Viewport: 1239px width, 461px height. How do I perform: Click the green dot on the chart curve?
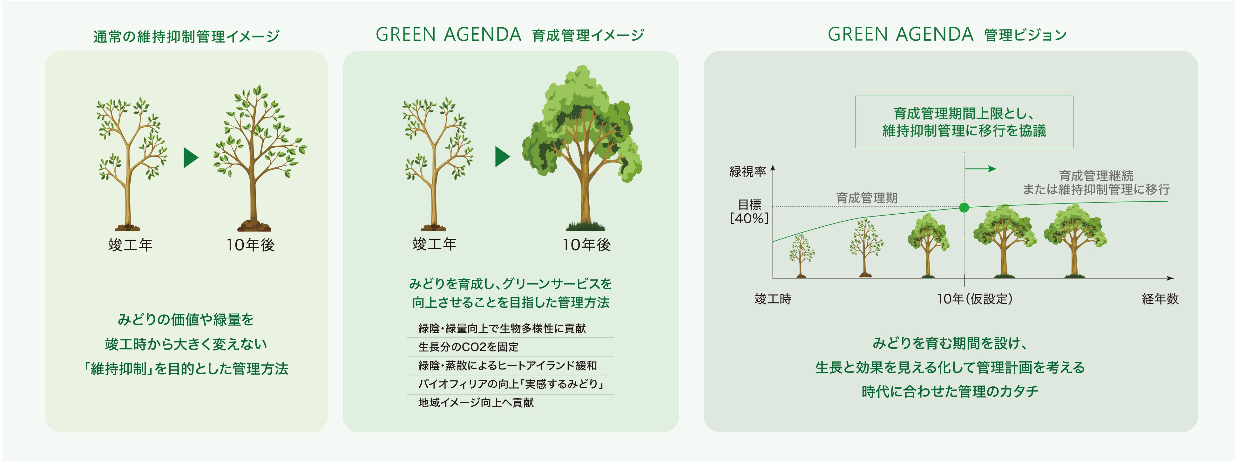point(964,208)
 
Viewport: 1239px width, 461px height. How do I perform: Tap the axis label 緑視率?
point(748,172)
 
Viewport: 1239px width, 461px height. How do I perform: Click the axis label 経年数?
point(1160,299)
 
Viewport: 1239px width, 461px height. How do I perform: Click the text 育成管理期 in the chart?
point(867,198)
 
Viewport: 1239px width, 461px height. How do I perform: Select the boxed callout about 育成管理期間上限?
point(964,122)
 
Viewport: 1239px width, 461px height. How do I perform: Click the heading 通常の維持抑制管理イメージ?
point(186,37)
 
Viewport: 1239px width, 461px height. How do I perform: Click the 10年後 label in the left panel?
point(251,245)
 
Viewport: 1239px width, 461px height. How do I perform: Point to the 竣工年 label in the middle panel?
point(434,244)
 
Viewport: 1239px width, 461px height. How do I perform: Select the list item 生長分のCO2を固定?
point(469,347)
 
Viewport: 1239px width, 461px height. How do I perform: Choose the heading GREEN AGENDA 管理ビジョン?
point(947,35)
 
